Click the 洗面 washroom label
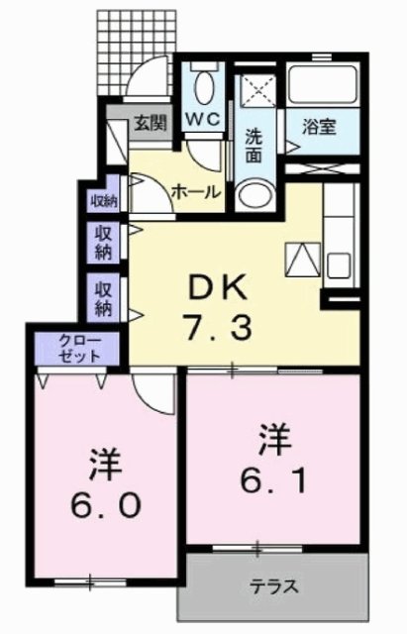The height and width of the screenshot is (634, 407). point(254,143)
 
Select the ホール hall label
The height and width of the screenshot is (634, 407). point(195,191)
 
